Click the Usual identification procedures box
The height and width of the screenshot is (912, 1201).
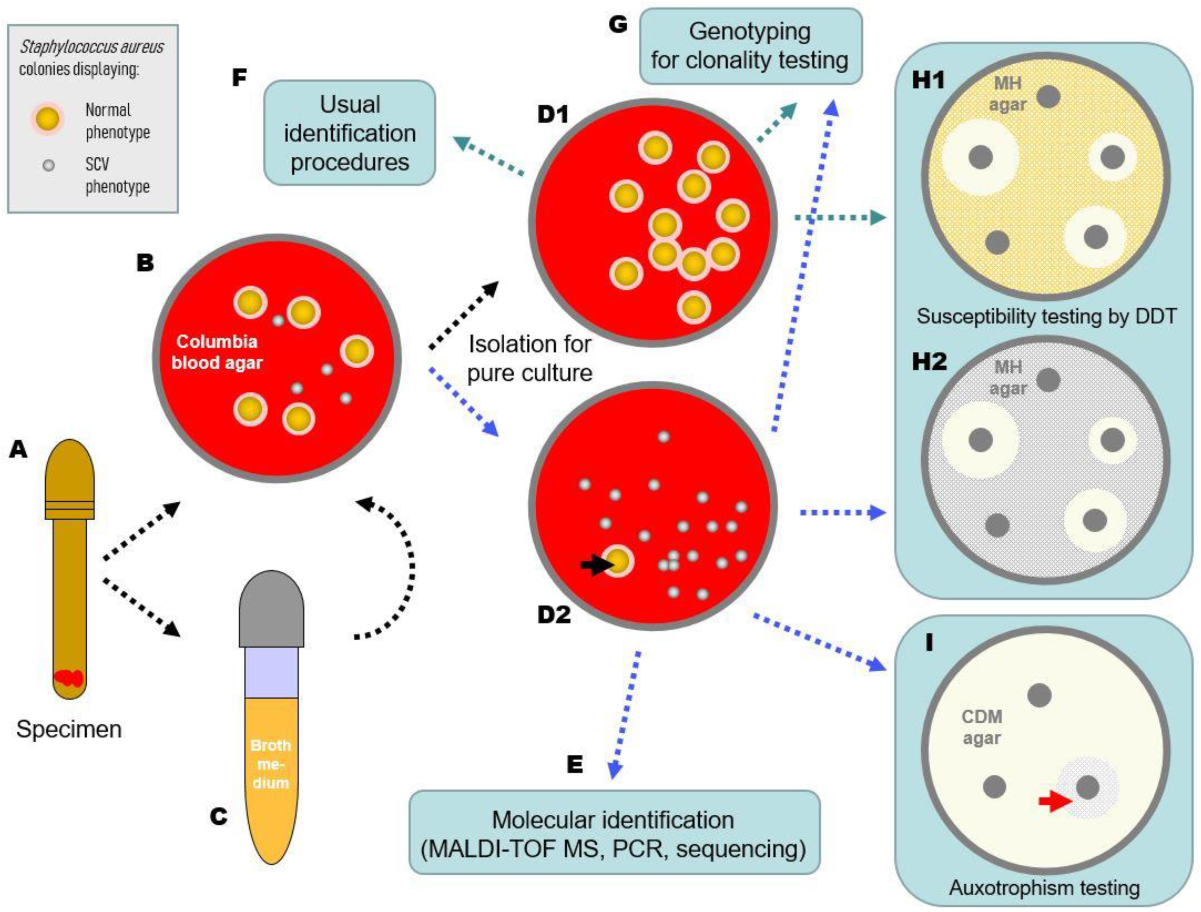350,133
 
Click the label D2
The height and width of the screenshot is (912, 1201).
554,615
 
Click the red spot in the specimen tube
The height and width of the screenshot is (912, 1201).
69,677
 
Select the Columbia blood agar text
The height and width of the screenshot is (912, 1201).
217,352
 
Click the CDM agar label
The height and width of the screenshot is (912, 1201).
982,727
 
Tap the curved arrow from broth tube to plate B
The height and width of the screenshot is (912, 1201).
399,565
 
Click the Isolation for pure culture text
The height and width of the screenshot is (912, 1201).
529,358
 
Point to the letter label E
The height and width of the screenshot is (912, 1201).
575,765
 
